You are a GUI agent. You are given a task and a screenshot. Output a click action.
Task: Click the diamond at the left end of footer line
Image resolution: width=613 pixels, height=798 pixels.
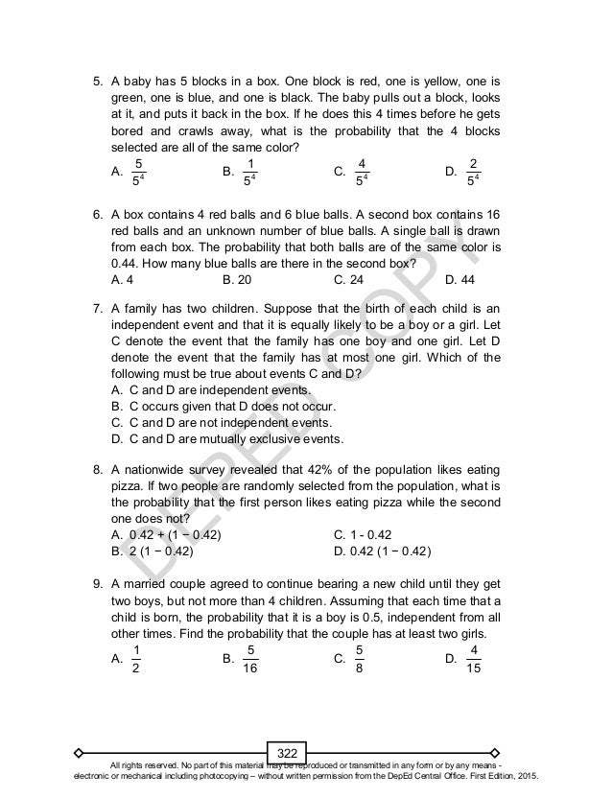click(80, 748)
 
